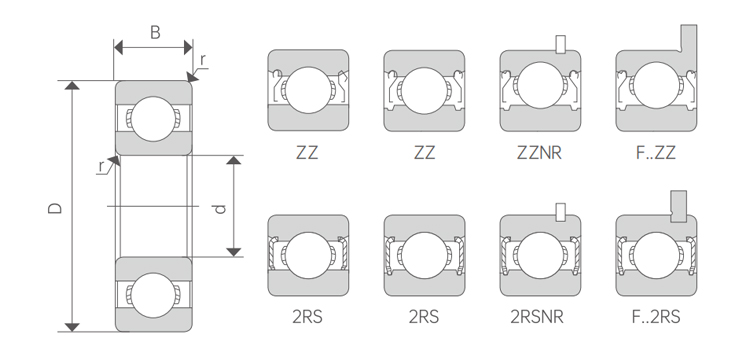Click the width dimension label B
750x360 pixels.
click(155, 33)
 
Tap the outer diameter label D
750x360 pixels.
click(55, 208)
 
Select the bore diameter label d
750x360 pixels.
click(220, 208)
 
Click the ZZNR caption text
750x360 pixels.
click(539, 153)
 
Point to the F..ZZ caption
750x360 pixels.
click(656, 153)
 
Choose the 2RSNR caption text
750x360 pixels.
click(537, 316)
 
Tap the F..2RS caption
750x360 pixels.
click(656, 316)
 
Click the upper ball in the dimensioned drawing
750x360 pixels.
click(154, 119)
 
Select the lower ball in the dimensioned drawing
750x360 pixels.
click(154, 295)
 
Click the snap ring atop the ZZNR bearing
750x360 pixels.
click(560, 44)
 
